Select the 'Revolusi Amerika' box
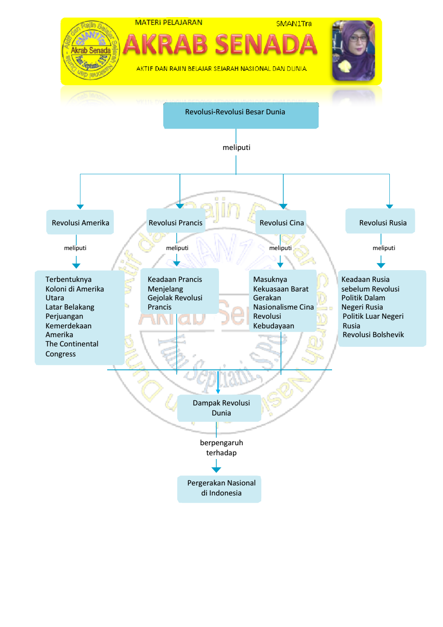(x=80, y=222)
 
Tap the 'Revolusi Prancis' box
(x=175, y=222)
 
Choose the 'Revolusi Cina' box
(x=281, y=222)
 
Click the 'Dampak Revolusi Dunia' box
(x=219, y=408)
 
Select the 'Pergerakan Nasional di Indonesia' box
(x=219, y=488)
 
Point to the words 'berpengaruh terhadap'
(x=221, y=448)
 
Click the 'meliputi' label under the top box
(x=237, y=147)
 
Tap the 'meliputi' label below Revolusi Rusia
(x=384, y=248)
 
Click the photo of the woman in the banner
(x=353, y=51)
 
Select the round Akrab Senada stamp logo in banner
(x=91, y=51)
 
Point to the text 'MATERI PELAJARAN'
(x=168, y=23)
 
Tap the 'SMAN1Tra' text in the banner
(x=294, y=24)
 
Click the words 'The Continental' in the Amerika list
(x=72, y=344)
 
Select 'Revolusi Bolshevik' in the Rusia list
(x=373, y=335)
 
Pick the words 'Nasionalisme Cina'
(x=283, y=307)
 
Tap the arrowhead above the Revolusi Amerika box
(x=80, y=206)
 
